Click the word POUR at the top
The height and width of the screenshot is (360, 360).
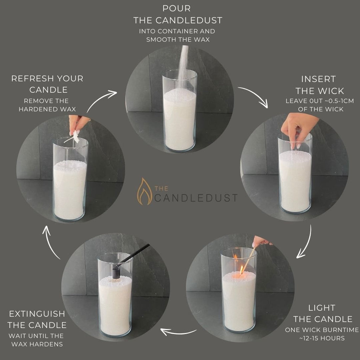pos(177,8)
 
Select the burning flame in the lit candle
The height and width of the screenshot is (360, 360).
pos(242,270)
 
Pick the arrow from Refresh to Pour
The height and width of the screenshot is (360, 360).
pos(102,100)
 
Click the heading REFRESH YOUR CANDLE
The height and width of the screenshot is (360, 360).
pos(47,84)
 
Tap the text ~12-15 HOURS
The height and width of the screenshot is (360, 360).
pos(322,338)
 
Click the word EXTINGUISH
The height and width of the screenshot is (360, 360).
pos(37,314)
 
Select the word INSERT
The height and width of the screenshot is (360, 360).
pos(318,79)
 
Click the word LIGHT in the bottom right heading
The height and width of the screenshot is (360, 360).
pos(321,308)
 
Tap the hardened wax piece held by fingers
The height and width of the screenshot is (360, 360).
pos(76,137)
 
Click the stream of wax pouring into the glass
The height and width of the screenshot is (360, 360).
pos(183,67)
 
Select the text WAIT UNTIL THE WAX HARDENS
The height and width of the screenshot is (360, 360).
pos(37,340)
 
